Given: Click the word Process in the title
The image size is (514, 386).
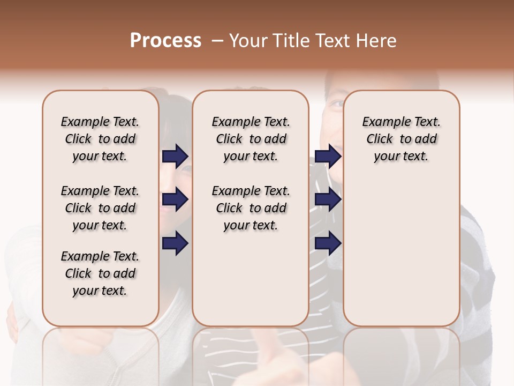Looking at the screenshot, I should click(165, 41).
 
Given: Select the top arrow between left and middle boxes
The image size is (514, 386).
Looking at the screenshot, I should click(175, 156).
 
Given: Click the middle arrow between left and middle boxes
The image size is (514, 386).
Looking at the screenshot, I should click(175, 199).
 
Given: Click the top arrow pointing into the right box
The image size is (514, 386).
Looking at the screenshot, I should click(328, 156).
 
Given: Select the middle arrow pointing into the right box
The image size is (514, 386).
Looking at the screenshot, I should click(328, 199).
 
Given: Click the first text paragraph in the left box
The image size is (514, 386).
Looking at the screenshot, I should click(100, 139).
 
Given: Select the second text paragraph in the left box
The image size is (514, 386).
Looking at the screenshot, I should click(100, 208).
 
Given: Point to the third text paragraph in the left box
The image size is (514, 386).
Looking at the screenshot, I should click(100, 273).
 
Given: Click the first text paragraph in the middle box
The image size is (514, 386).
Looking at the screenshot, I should click(251, 139).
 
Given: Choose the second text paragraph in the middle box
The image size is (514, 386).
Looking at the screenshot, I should click(251, 208).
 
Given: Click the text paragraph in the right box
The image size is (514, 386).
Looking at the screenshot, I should click(401, 139).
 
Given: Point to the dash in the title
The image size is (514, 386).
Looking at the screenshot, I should click(217, 41).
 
